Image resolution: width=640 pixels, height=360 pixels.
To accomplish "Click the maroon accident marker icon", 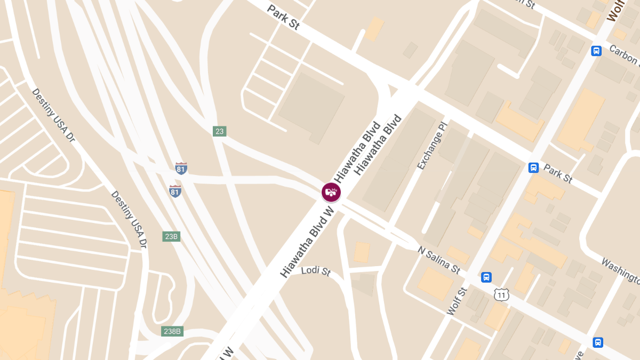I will [331, 192].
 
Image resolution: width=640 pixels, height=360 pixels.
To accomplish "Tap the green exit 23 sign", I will [219, 131].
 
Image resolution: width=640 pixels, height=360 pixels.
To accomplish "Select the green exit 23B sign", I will [171, 236].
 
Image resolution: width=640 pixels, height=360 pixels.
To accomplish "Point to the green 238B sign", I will [172, 331].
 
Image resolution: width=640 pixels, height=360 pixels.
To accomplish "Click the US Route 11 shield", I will [501, 294].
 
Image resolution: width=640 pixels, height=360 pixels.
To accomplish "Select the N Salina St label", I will [439, 260].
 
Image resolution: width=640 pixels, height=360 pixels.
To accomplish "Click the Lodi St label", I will [316, 271].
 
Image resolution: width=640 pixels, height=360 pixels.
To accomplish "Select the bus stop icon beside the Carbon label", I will [596, 51].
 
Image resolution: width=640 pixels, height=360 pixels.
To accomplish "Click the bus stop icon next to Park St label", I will [533, 167].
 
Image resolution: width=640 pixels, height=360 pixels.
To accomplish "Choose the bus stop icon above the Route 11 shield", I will [486, 277].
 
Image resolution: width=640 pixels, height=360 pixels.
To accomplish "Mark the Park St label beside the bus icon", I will [558, 174].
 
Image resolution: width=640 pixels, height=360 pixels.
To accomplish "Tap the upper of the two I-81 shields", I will [181, 169].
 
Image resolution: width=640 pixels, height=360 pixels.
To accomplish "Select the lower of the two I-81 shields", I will [175, 191].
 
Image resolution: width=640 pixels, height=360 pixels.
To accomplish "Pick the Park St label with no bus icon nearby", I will [283, 18].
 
